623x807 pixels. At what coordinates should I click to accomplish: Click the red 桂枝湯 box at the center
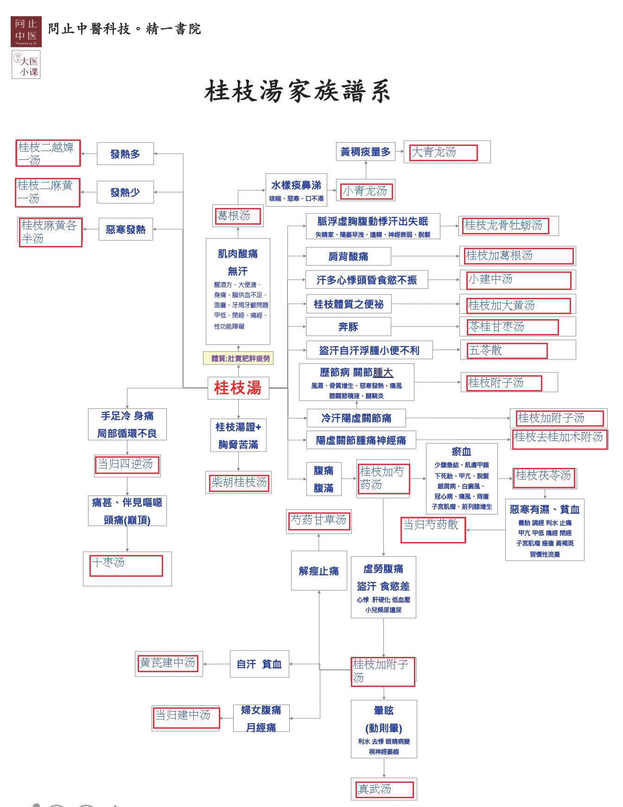[x=238, y=388]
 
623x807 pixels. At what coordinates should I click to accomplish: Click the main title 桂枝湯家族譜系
[x=298, y=91]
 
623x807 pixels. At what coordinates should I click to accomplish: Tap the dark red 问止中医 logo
[x=26, y=32]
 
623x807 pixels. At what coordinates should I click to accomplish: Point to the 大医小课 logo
[x=26, y=65]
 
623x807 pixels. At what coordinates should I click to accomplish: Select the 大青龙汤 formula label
[x=443, y=152]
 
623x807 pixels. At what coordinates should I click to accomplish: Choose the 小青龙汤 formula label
[x=367, y=191]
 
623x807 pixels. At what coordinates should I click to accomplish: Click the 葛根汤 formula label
[x=238, y=216]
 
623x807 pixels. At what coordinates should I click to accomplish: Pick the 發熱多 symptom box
[x=125, y=154]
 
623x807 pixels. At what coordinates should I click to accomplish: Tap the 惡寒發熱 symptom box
[x=126, y=229]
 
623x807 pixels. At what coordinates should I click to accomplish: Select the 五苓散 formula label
[x=507, y=351]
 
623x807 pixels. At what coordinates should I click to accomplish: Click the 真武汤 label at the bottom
[x=384, y=789]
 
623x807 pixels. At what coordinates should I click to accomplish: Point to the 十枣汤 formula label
[x=126, y=566]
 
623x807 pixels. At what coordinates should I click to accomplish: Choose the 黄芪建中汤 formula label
[x=168, y=663]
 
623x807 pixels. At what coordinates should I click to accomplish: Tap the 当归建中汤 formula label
[x=186, y=718]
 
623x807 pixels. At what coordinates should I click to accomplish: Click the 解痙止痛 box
[x=319, y=571]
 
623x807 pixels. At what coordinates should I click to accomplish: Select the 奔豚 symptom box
[x=349, y=327]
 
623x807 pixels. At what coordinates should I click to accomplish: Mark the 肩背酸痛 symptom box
[x=349, y=256]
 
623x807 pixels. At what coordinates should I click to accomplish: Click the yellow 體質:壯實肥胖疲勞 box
[x=238, y=358]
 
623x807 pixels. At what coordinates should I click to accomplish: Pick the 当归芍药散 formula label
[x=433, y=530]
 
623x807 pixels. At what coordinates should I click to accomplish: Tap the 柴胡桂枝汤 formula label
[x=239, y=483]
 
